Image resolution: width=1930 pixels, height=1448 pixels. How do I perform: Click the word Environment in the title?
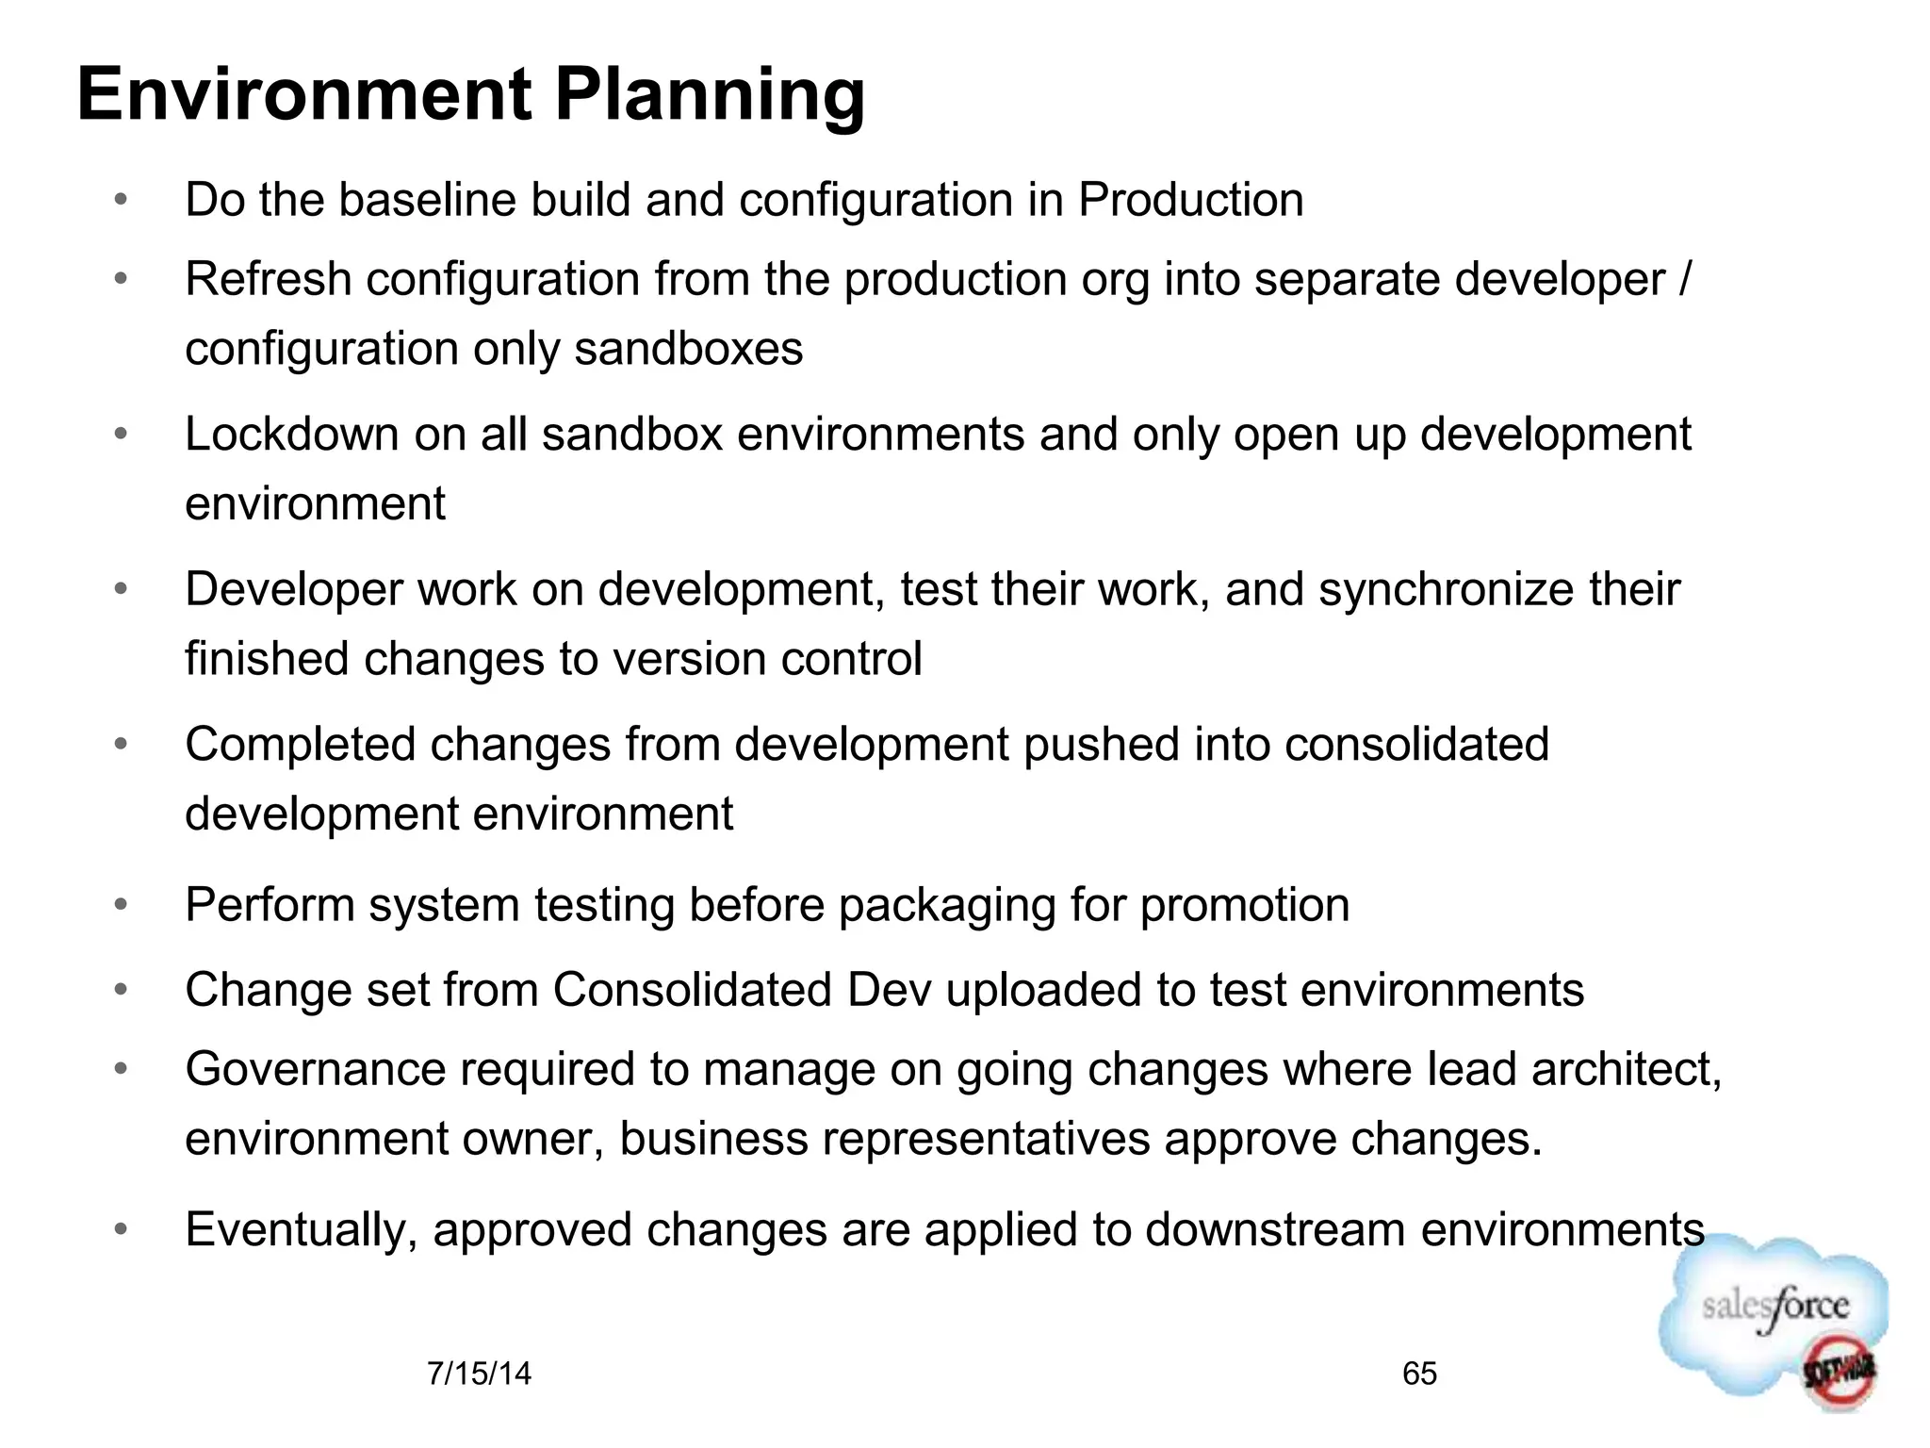pyautogui.click(x=304, y=95)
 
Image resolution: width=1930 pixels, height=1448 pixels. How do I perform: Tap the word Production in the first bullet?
pyautogui.click(x=1190, y=200)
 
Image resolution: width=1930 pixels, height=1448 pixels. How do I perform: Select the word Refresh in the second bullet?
pyautogui.click(x=268, y=279)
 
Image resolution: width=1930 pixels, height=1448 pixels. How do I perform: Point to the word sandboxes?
pyautogui.click(x=688, y=349)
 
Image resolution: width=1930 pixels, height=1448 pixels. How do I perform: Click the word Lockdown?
pyautogui.click(x=291, y=435)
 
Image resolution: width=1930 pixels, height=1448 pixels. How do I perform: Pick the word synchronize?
pyautogui.click(x=1446, y=590)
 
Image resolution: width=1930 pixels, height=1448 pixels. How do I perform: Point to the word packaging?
pyautogui.click(x=946, y=906)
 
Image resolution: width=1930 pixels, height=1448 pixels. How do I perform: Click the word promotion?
pyautogui.click(x=1244, y=906)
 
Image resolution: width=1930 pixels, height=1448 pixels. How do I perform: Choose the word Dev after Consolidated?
pyautogui.click(x=889, y=990)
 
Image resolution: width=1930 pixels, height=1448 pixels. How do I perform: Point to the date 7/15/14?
pyautogui.click(x=479, y=1374)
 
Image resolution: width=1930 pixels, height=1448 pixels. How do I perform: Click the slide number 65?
pyautogui.click(x=1419, y=1374)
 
